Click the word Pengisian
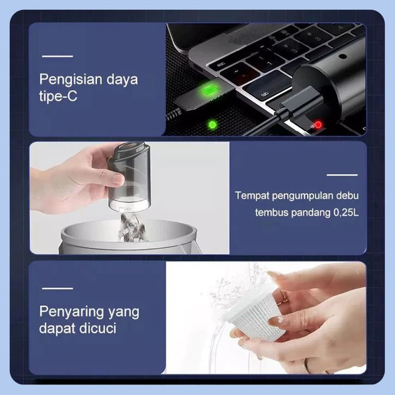click(x=71, y=80)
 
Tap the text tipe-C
click(x=58, y=96)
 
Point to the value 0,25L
click(x=346, y=213)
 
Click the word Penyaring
click(x=71, y=313)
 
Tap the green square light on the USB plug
click(x=207, y=90)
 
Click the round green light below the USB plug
click(x=212, y=125)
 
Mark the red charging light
click(x=318, y=125)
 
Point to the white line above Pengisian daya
click(x=58, y=56)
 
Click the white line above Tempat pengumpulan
click(x=342, y=175)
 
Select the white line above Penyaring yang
click(x=58, y=288)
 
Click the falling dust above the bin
click(x=132, y=227)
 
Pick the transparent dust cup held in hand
click(x=129, y=176)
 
